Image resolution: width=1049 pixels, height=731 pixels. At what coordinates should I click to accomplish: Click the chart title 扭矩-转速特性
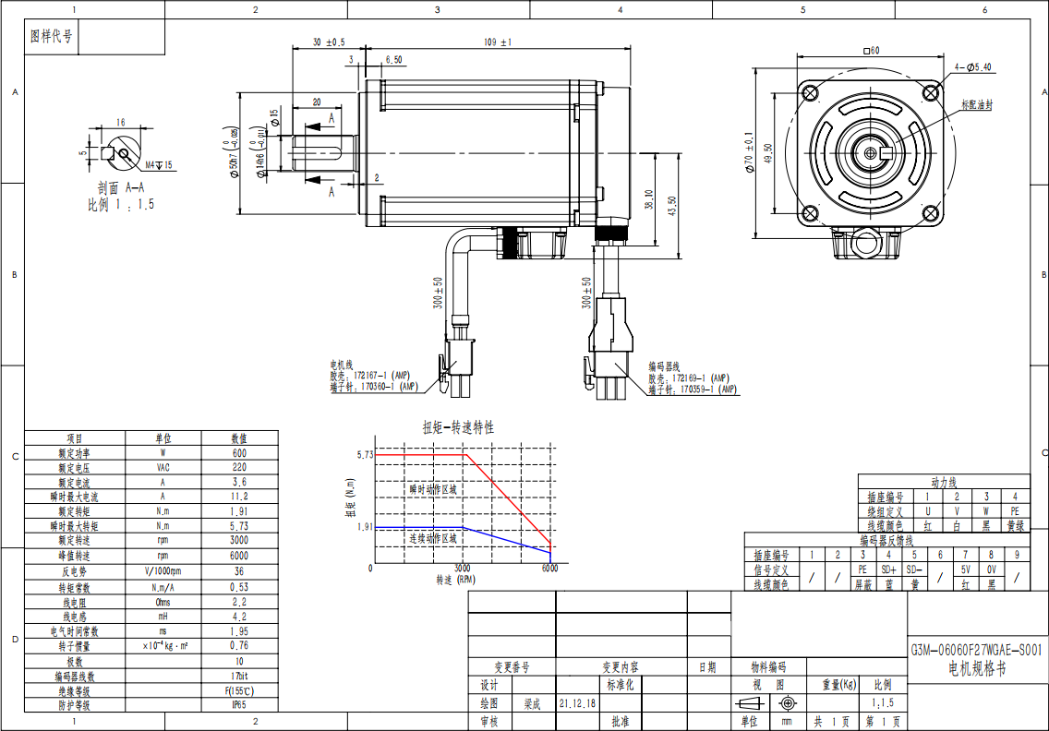pyautogui.click(x=458, y=427)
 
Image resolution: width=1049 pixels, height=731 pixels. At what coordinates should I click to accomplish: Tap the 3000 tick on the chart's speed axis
pyautogui.click(x=463, y=569)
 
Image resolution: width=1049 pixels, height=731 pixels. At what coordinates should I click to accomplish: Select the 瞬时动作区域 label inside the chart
pyautogui.click(x=433, y=489)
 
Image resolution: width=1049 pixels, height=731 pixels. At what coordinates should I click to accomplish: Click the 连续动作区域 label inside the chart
pyautogui.click(x=433, y=538)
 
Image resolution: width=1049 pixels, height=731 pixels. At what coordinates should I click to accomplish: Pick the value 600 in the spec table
pyautogui.click(x=238, y=453)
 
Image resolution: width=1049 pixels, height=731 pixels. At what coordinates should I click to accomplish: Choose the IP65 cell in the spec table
pyautogui.click(x=238, y=705)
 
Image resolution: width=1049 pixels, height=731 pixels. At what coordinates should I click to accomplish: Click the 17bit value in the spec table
pyautogui.click(x=238, y=677)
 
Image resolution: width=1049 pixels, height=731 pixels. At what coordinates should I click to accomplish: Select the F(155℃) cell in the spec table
pyautogui.click(x=238, y=690)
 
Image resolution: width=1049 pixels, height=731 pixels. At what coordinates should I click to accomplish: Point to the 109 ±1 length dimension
pyautogui.click(x=498, y=42)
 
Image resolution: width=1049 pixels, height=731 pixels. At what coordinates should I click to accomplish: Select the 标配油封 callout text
pyautogui.click(x=977, y=105)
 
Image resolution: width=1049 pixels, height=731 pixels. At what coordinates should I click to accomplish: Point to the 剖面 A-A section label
pyautogui.click(x=121, y=187)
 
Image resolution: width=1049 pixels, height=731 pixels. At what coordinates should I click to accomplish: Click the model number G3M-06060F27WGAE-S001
pyautogui.click(x=977, y=650)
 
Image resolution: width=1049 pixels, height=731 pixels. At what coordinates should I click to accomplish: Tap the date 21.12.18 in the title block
pyautogui.click(x=577, y=703)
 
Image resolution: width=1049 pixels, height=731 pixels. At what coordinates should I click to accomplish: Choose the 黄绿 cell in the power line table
pyautogui.click(x=1015, y=524)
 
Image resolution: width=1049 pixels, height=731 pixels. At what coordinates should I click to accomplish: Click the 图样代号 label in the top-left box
pyautogui.click(x=51, y=37)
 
